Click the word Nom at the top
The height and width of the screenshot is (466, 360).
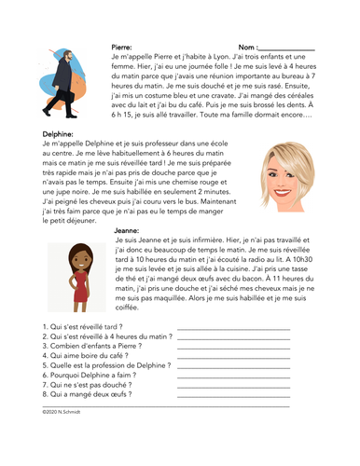pyautogui.click(x=246, y=46)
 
